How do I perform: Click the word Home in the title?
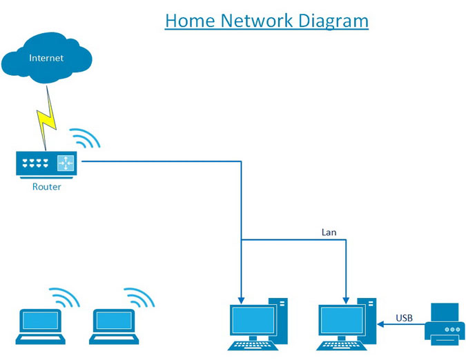190,21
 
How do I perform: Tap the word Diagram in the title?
333,21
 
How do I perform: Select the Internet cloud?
47,57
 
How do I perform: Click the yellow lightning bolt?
47,119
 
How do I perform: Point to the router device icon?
46,165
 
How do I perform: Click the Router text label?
47,187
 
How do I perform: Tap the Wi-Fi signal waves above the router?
85,138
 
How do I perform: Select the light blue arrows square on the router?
66,163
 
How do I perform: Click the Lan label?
329,232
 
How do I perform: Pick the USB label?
404,318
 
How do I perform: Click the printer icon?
445,324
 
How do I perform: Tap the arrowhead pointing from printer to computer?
380,324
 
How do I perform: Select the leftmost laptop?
41,326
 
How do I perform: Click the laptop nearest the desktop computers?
114,326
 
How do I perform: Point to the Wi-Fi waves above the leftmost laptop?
64,297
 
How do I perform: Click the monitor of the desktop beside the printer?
342,321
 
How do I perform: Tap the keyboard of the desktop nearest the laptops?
253,346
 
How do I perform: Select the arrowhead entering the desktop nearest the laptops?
242,301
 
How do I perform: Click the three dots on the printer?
452,330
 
